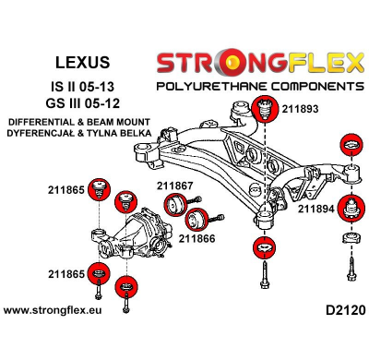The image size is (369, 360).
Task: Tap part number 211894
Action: pos(315,209)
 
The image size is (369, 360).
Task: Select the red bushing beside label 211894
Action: pos(351,209)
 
